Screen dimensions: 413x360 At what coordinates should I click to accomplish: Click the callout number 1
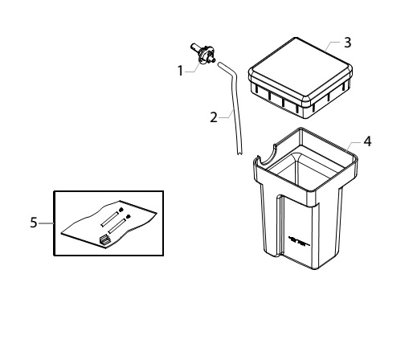pyautogui.click(x=180, y=71)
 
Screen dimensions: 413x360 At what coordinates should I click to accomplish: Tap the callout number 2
pyautogui.click(x=214, y=117)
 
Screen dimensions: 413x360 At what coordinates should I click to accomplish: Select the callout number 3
pyautogui.click(x=347, y=43)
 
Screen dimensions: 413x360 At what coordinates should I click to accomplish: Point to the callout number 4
pyautogui.click(x=367, y=141)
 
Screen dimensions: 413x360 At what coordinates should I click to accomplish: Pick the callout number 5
pyautogui.click(x=34, y=223)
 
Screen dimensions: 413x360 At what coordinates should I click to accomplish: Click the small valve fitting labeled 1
pyautogui.click(x=203, y=54)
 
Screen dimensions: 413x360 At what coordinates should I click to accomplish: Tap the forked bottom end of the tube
pyautogui.click(x=239, y=153)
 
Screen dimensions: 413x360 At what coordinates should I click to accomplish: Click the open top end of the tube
pyautogui.click(x=219, y=64)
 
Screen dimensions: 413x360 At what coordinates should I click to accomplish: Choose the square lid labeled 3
pyautogui.click(x=300, y=78)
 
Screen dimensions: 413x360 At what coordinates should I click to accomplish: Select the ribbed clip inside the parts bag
pyautogui.click(x=104, y=239)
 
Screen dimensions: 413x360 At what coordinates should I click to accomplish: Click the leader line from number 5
pyautogui.click(x=46, y=223)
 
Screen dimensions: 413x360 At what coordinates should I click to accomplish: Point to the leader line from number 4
pyautogui.click(x=354, y=145)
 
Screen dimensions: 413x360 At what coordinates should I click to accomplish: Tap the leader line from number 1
pyautogui.click(x=192, y=68)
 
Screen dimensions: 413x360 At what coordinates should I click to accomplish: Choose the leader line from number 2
pyautogui.click(x=226, y=115)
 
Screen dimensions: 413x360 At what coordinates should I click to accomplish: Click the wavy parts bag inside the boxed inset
pyautogui.click(x=108, y=224)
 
